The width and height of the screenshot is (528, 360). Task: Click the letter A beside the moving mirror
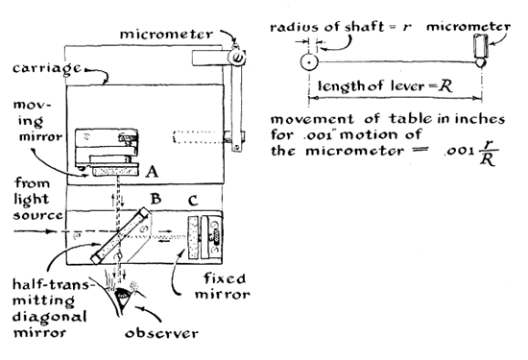(152, 172)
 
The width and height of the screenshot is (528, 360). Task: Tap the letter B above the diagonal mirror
(156, 199)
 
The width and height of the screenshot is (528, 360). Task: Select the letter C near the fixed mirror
(192, 201)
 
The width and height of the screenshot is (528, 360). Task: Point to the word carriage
(47, 69)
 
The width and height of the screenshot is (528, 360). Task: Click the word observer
(161, 333)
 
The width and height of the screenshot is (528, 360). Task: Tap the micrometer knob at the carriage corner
(237, 57)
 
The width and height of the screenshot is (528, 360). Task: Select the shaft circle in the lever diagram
(309, 62)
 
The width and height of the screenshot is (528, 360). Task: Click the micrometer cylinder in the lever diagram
(481, 46)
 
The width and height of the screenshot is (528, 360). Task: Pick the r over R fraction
(488, 154)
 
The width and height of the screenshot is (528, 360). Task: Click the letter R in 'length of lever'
(445, 86)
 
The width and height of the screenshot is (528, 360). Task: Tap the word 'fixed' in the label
(225, 278)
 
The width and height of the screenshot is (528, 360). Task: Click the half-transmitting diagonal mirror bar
(120, 235)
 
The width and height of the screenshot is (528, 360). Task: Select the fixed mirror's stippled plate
(193, 238)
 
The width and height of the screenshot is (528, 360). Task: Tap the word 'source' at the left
(37, 215)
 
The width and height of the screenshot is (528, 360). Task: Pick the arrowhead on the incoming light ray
(51, 231)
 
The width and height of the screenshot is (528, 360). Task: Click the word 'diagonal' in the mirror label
(50, 317)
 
